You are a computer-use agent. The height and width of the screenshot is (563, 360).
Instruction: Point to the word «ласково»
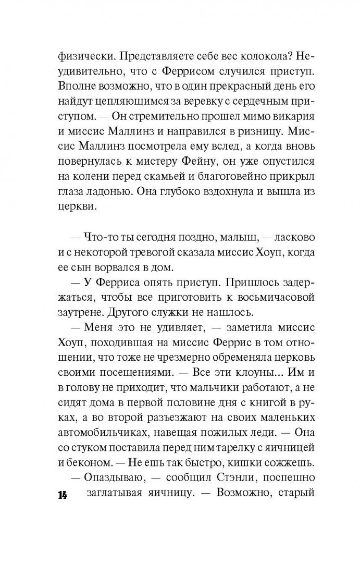click(286, 240)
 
